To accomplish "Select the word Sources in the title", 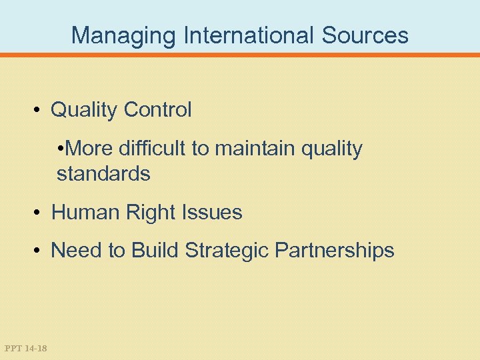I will point(365,35).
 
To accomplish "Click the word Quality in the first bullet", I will point(84,110).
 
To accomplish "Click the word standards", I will point(103,174).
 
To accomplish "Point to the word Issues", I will point(214,213).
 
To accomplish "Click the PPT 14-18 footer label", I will point(25,348).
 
